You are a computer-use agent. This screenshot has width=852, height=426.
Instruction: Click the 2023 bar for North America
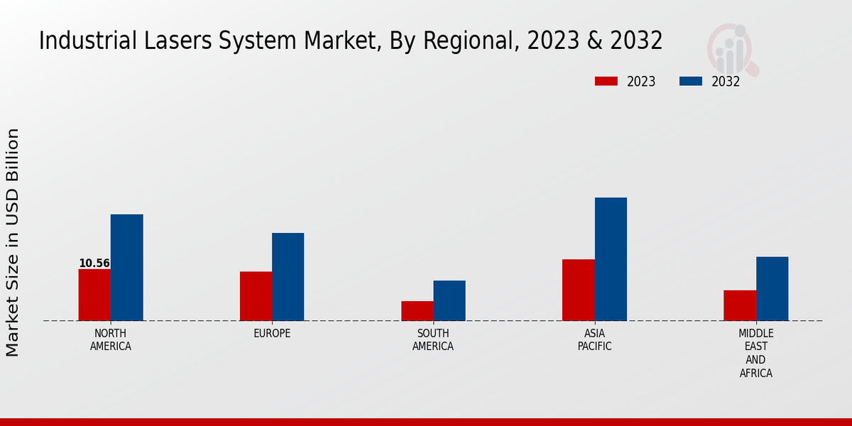click(94, 295)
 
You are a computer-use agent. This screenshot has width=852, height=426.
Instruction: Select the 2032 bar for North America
click(126, 268)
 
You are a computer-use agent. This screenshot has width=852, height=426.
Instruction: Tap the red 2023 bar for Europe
click(256, 296)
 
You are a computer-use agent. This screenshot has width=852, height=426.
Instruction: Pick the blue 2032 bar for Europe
click(288, 277)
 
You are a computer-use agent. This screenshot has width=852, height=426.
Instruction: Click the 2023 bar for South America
click(417, 311)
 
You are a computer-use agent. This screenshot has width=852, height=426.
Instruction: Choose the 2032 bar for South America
click(449, 300)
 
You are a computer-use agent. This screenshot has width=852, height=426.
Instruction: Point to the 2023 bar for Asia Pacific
click(579, 290)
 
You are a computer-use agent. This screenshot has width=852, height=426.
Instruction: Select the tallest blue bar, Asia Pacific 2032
click(611, 259)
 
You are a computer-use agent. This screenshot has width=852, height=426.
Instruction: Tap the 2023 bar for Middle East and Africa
click(740, 305)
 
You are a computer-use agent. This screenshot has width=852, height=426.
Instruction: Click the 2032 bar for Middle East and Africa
click(772, 288)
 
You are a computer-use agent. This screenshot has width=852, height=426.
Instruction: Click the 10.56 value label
click(94, 263)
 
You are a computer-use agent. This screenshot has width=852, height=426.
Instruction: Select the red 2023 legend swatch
click(606, 81)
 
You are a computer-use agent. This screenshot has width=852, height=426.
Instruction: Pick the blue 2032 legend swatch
click(690, 81)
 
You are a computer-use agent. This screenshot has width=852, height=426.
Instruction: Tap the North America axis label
click(111, 340)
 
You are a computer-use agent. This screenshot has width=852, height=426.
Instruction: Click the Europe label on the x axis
click(272, 334)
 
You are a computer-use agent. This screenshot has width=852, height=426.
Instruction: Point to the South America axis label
click(433, 340)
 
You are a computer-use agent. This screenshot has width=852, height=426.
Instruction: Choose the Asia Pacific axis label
click(594, 340)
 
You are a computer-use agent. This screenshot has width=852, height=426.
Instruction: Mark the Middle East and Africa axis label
click(755, 353)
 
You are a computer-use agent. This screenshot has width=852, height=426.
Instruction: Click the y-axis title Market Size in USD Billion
click(13, 242)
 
